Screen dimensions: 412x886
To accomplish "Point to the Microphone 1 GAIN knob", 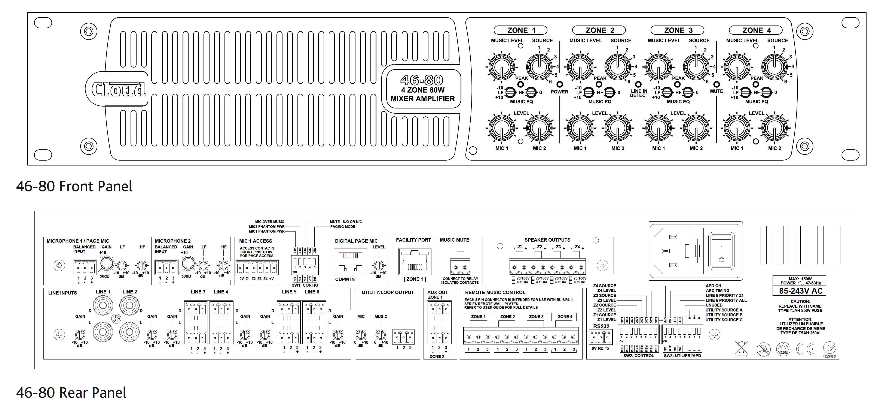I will pyautogui.click(x=107, y=264).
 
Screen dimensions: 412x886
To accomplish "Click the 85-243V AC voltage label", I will pyautogui.click(x=801, y=291).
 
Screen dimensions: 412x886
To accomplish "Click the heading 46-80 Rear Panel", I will pyautogui.click(x=71, y=393).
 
